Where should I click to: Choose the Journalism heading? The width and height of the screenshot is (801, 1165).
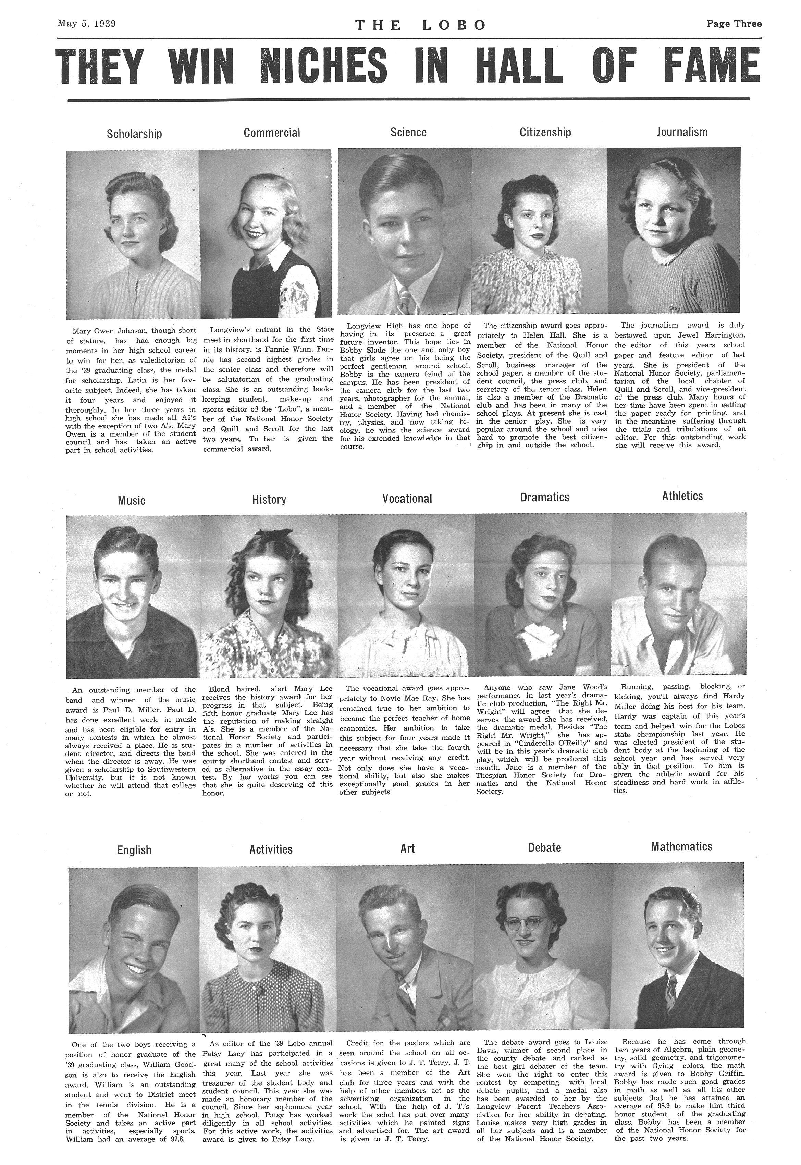point(681,132)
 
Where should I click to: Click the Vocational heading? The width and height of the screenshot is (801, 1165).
point(407,499)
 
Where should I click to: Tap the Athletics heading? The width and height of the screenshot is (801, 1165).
point(682,496)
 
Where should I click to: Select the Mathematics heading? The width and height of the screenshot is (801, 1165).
point(681,846)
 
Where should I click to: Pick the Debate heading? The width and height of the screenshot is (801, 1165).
point(544,848)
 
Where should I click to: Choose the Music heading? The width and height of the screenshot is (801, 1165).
point(132,500)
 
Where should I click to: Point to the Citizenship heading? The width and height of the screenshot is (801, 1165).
point(545,133)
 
